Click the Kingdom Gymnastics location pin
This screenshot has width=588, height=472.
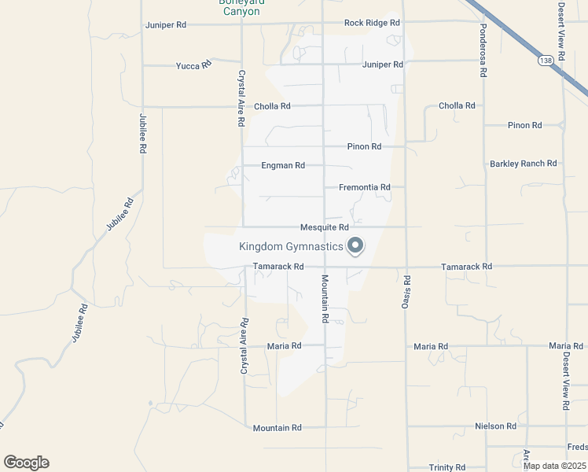coord(355,246)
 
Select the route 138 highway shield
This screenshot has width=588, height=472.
coord(545,60)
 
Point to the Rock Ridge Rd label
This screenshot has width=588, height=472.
coord(366,23)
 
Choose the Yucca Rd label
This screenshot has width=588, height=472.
coord(194,65)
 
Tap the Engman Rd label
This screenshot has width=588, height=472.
coord(283,166)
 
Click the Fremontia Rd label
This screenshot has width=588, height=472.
coord(365,187)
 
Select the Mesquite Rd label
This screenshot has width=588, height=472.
coord(324,228)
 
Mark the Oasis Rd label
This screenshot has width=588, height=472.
coord(407,291)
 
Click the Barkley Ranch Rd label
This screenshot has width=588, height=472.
coord(523,164)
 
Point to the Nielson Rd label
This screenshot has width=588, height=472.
coord(495,426)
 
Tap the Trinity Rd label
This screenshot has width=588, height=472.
coord(447,466)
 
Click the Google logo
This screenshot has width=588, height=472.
coord(26,463)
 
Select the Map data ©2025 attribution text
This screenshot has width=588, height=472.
coord(554,466)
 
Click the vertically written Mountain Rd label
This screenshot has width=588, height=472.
coord(323,299)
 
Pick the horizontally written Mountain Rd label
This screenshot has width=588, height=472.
coord(277,428)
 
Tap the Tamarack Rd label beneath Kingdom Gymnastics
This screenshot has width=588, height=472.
coord(277,267)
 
